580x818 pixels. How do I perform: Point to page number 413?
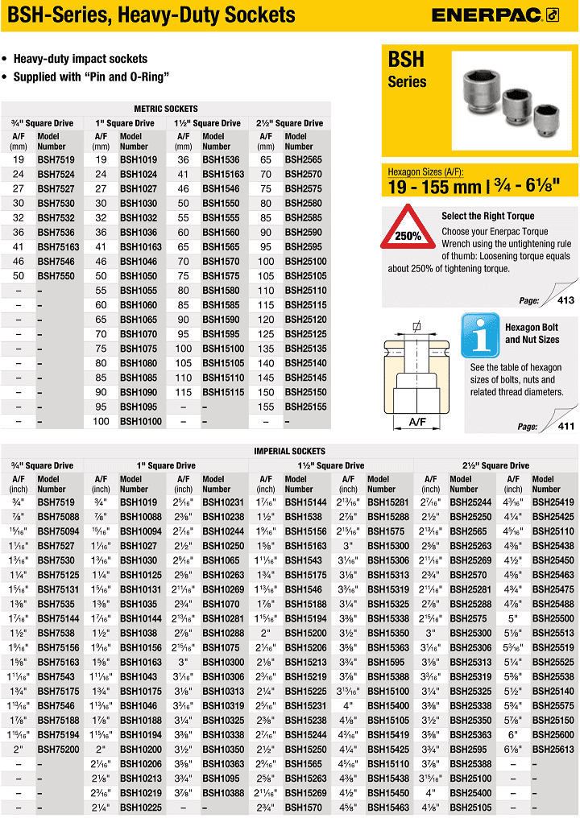(x=566, y=300)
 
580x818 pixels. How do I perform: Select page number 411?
(x=566, y=427)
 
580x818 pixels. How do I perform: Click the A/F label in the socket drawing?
(x=416, y=421)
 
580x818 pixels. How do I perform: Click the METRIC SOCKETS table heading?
(x=165, y=109)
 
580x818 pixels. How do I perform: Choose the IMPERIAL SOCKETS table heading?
(x=289, y=451)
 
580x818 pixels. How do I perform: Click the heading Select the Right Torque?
(x=487, y=216)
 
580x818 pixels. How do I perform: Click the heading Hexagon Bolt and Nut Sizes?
(x=532, y=333)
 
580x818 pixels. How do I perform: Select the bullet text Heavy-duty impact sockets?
(x=81, y=59)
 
